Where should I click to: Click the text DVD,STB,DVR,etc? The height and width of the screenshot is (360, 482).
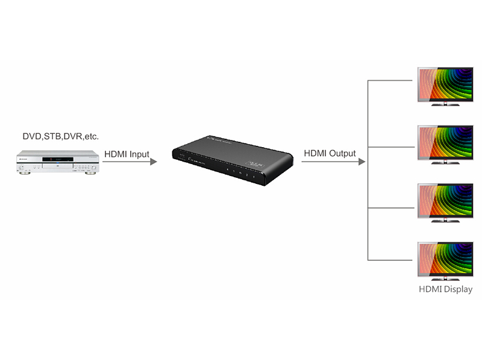[60, 136]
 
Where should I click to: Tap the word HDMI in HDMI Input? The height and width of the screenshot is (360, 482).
[116, 154]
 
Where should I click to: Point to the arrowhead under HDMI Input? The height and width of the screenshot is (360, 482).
[153, 162]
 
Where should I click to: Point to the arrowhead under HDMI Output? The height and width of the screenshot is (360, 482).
[361, 162]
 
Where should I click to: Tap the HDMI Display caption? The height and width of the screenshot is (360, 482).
[445, 289]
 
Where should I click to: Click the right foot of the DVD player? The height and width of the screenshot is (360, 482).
[90, 173]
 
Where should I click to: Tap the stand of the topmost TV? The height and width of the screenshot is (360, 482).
[445, 104]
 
